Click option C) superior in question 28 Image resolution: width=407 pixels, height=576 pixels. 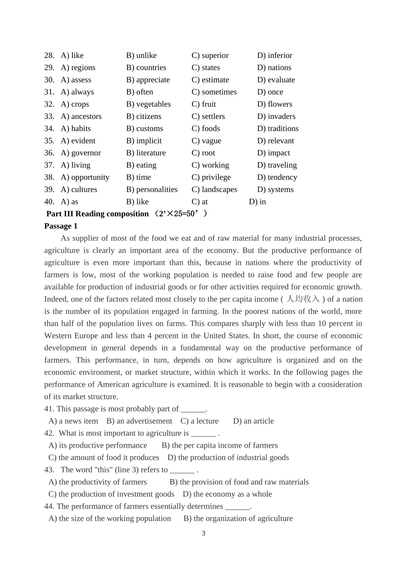coord(210,55)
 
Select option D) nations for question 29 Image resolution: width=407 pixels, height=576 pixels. coord(274,67)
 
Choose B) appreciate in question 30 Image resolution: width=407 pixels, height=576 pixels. coord(148,80)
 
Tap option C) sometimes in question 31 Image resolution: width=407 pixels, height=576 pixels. coord(214,92)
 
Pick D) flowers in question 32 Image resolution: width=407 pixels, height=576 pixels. coord(275,104)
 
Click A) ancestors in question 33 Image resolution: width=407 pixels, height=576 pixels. coord(81,116)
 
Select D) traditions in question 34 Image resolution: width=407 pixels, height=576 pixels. coord(278,128)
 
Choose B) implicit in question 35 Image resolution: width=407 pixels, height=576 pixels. coord(144,141)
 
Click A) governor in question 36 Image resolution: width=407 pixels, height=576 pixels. coord(81,153)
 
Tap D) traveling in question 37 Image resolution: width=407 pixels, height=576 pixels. coord(277,165)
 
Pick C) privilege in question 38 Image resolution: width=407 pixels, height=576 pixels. coord(211,177)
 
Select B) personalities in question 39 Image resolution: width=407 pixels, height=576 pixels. coord(152,189)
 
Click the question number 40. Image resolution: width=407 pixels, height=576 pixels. coord(49,202)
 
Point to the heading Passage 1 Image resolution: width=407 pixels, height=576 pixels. coord(61,226)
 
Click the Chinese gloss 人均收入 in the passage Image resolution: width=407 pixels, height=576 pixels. coord(303,299)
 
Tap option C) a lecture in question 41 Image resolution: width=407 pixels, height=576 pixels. coord(199,421)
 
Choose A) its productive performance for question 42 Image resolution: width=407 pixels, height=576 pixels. coord(98,446)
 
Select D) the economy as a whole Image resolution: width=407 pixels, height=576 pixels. coord(227,494)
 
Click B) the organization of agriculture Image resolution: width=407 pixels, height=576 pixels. coord(238,518)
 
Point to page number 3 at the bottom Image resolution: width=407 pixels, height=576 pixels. coord(203,534)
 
